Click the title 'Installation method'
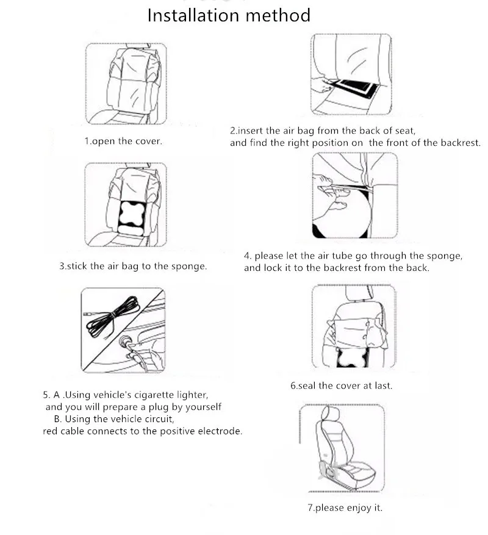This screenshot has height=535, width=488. pyautogui.click(x=229, y=15)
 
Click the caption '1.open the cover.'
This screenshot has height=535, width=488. pyautogui.click(x=123, y=141)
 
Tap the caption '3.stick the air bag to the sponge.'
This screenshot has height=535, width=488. pyautogui.click(x=132, y=267)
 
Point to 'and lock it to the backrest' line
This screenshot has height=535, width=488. pyautogui.click(x=337, y=268)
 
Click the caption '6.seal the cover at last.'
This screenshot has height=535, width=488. pyautogui.click(x=341, y=386)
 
